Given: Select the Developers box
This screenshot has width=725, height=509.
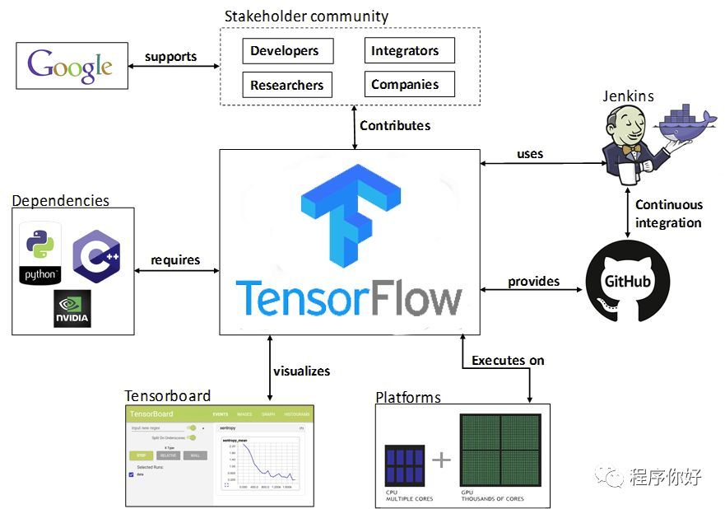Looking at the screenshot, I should click(288, 51).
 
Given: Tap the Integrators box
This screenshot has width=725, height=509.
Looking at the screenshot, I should click(409, 51).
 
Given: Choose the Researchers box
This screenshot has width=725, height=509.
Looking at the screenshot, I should click(287, 84).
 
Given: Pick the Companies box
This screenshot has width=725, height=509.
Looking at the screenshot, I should click(409, 84).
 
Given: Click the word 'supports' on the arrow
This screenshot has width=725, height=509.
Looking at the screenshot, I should click(170, 57).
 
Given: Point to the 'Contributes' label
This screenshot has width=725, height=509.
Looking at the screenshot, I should click(395, 126).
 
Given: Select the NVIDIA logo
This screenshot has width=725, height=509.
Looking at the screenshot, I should click(72, 308).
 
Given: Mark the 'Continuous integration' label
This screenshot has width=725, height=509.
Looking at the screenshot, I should click(668, 213).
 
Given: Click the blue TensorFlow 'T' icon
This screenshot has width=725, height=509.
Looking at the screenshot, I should click(350, 217).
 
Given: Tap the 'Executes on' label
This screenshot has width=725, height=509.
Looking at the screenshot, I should click(508, 360).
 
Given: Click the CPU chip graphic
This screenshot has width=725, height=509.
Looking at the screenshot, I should click(405, 465).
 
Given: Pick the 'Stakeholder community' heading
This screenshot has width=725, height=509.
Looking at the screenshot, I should click(306, 16).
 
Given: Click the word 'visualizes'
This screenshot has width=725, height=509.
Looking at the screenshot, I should click(301, 371).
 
